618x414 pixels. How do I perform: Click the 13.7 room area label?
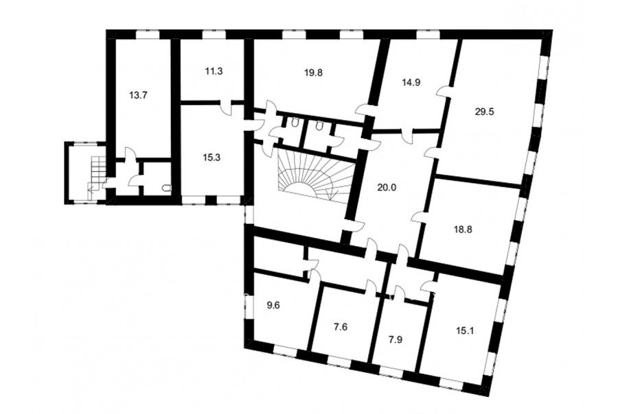point(138,95)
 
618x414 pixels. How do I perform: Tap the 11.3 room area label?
point(214,71)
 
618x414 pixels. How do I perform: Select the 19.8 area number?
point(314,73)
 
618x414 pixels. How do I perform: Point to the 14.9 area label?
point(411,82)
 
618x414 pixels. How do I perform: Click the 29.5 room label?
point(484,111)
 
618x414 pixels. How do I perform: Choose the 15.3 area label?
point(211,158)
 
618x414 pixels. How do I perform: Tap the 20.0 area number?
point(387,187)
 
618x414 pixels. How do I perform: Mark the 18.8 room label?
point(463,230)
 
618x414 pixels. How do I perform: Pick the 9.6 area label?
point(273,305)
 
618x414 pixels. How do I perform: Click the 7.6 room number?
point(341,327)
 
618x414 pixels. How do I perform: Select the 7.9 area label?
point(396,339)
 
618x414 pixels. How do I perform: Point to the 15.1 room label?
point(465,330)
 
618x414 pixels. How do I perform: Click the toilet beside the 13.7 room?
point(167,188)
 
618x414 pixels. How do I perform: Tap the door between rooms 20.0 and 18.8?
point(419,217)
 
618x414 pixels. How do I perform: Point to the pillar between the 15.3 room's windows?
point(211,199)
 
